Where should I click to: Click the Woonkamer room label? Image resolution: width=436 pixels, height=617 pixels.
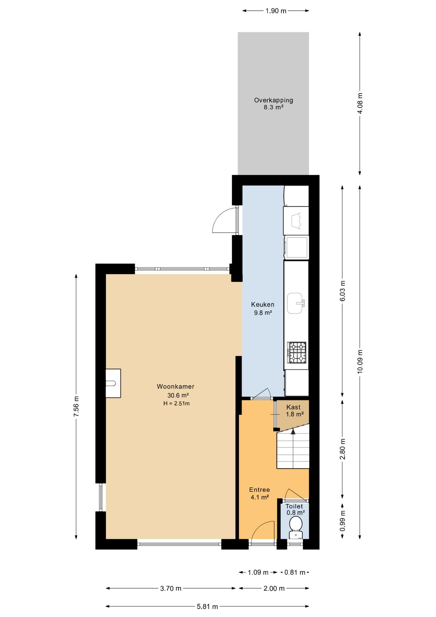point(176,387)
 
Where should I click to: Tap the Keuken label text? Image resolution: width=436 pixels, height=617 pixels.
point(263,304)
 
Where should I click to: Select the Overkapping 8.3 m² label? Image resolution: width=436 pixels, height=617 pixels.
point(274,103)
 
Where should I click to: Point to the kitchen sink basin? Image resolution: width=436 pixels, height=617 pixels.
point(295,303)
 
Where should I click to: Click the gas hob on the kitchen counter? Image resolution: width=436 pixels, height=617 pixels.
point(297,353)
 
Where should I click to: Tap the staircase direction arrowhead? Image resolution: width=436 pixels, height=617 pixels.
point(293,431)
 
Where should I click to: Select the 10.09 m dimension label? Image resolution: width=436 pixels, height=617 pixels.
point(360,361)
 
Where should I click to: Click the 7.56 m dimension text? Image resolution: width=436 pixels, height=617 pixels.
point(76,407)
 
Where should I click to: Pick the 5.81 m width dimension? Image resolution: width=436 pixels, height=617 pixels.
point(207,606)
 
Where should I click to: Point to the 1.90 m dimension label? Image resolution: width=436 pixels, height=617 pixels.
point(276,11)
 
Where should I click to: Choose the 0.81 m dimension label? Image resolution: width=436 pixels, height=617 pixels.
point(295,572)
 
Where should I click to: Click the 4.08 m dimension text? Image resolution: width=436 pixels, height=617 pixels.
point(360,103)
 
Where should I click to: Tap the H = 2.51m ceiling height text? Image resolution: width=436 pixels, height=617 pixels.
point(176,404)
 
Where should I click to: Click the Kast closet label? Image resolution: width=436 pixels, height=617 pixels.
point(293,407)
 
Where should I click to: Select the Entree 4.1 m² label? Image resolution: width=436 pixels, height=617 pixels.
point(259,493)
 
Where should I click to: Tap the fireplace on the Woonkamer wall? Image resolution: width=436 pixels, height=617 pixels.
point(113,383)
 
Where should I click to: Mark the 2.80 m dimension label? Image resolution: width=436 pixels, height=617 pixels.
point(343,449)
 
